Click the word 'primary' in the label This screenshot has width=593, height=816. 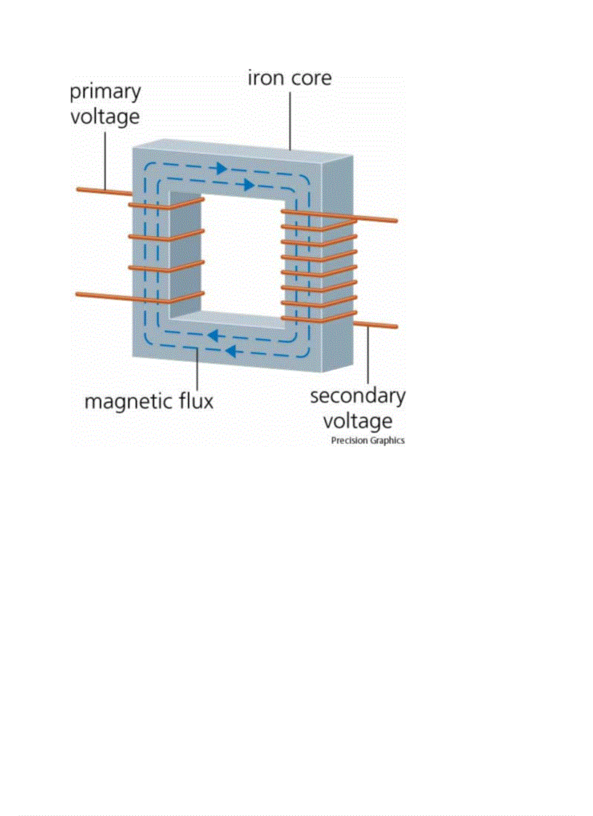[x=105, y=93]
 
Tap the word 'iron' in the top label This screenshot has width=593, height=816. [x=266, y=78]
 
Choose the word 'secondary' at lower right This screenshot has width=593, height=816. [x=358, y=397]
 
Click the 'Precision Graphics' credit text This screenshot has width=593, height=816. [x=368, y=440]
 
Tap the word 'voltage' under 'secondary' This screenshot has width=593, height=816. [x=358, y=421]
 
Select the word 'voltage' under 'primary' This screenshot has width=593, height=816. [x=105, y=116]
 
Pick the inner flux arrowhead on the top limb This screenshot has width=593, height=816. [x=249, y=185]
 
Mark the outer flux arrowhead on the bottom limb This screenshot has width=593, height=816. [x=231, y=352]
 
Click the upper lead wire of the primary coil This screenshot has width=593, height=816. [x=102, y=191]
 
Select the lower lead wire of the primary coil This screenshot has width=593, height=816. [x=102, y=295]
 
